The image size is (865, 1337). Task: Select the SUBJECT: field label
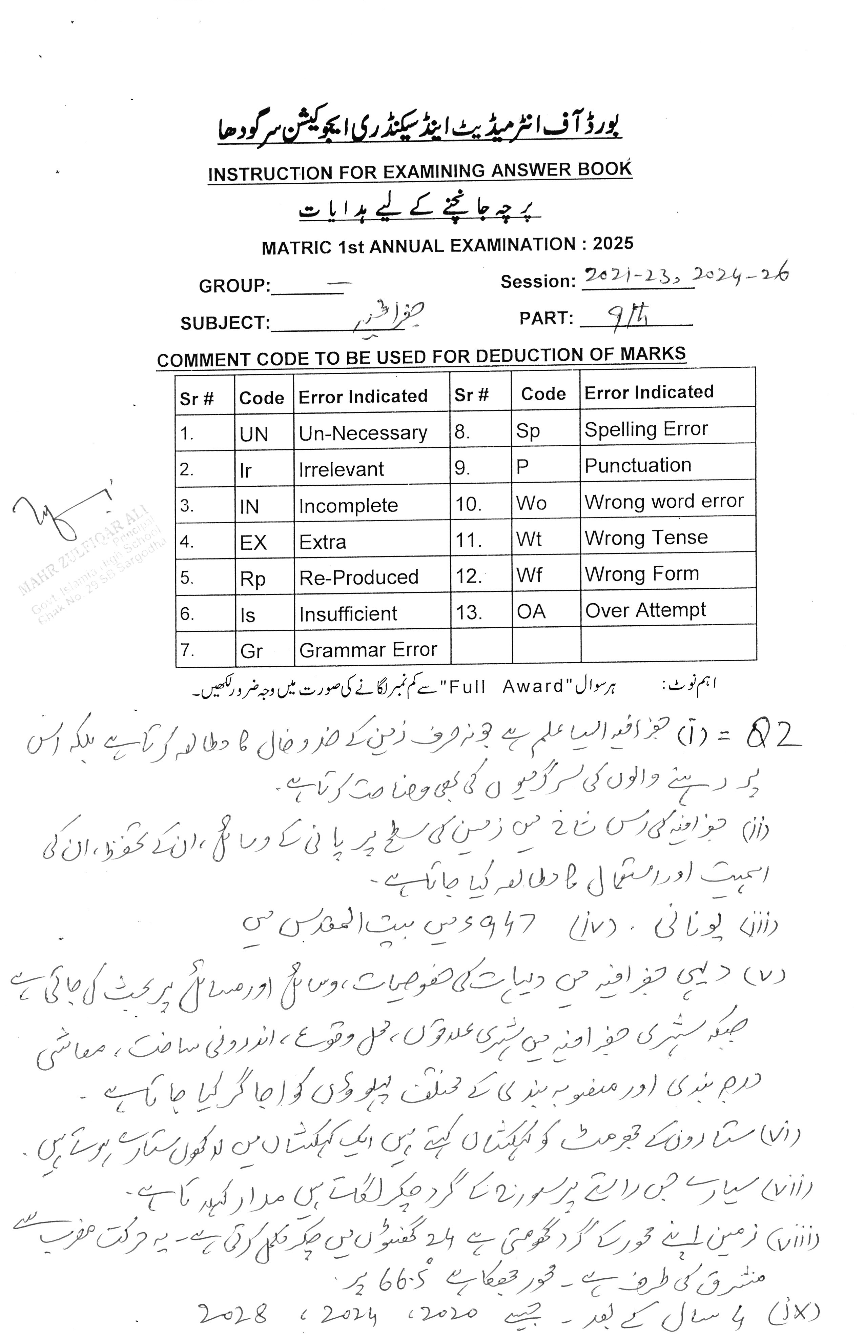pos(225,323)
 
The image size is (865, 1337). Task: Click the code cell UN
pos(254,434)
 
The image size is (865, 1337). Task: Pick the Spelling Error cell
pos(646,429)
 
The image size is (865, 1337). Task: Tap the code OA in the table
pos(531,611)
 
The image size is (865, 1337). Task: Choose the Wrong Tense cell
pos(646,538)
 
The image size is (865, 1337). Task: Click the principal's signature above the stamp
pos(62,514)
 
